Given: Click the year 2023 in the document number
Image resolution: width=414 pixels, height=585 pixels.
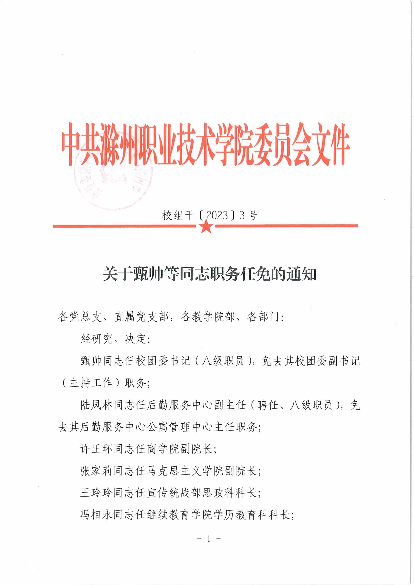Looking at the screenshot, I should pyautogui.click(x=217, y=216).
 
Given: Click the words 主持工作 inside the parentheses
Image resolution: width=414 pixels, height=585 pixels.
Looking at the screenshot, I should pyautogui.click(x=91, y=383).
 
